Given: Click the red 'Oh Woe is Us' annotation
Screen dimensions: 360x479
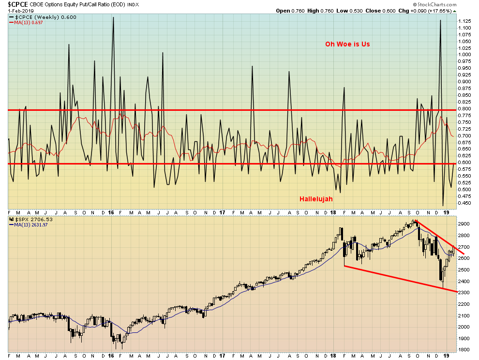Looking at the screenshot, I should pyautogui.click(x=347, y=44).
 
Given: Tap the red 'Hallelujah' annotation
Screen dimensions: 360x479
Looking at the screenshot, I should pyautogui.click(x=315, y=199).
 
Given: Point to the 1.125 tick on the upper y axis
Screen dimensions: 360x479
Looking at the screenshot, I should pyautogui.click(x=464, y=21).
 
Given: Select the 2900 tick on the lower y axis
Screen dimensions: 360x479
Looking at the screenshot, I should pyautogui.click(x=464, y=225).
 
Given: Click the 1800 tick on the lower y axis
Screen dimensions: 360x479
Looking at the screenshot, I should pyautogui.click(x=464, y=350).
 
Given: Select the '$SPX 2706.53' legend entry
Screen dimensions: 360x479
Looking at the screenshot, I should pyautogui.click(x=31, y=220).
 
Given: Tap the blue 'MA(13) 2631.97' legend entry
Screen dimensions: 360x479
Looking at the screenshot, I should pyautogui.click(x=30, y=225).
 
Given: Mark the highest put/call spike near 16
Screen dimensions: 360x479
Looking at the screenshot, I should pyautogui.click(x=113, y=18).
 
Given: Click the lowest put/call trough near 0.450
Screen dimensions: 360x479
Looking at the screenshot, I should pyautogui.click(x=443, y=206).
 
